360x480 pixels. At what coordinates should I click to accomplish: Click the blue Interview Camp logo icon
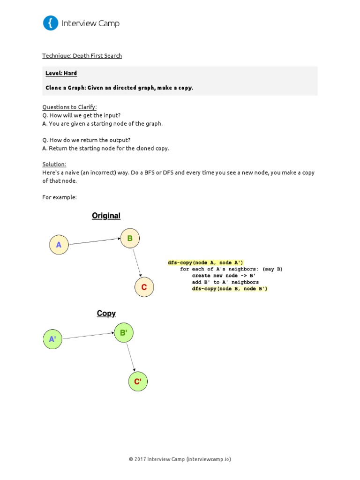[x=51, y=23]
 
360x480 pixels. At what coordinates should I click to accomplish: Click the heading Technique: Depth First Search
[x=82, y=56]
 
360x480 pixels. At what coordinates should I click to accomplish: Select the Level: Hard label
[x=61, y=73]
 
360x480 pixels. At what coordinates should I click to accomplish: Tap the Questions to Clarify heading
[x=69, y=107]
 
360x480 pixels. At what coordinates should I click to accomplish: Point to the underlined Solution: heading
[x=54, y=165]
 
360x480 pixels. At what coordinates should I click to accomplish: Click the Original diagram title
[x=106, y=216]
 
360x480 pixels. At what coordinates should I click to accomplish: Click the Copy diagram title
[x=106, y=314]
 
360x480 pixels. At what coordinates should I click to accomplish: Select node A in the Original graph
[x=59, y=245]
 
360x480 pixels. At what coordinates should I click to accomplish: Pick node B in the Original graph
[x=130, y=238]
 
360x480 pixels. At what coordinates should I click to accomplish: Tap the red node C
[x=144, y=287]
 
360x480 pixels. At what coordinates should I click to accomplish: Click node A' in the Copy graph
[x=52, y=339]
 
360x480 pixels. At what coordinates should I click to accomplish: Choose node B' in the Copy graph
[x=124, y=333]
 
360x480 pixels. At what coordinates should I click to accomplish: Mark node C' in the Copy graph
[x=138, y=382]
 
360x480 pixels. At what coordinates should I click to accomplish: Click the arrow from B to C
[x=137, y=262]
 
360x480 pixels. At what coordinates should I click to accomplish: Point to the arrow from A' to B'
[x=88, y=336]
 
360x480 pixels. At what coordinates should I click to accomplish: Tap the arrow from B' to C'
[x=131, y=357]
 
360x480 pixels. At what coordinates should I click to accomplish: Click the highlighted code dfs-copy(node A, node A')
[x=206, y=262]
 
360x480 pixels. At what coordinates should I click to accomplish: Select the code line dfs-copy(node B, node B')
[x=230, y=289]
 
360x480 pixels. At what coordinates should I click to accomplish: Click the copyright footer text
[x=180, y=459]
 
